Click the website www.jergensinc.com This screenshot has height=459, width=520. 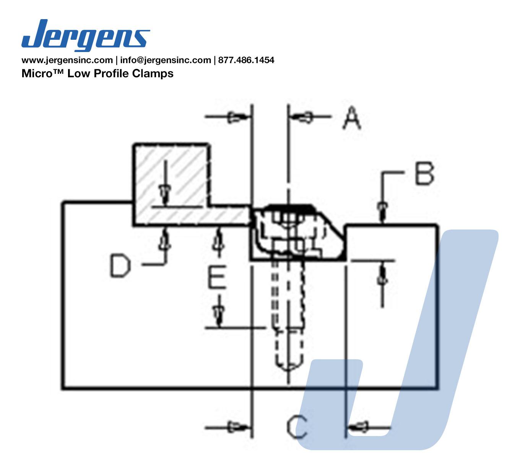(x=67, y=60)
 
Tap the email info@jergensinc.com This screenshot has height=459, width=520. (x=165, y=60)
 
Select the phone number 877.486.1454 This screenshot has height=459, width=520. (x=246, y=60)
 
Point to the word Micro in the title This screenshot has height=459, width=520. (x=36, y=73)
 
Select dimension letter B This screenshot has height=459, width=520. (x=424, y=173)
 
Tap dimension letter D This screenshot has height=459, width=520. (x=120, y=266)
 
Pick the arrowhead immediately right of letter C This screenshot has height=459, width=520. (x=361, y=425)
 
